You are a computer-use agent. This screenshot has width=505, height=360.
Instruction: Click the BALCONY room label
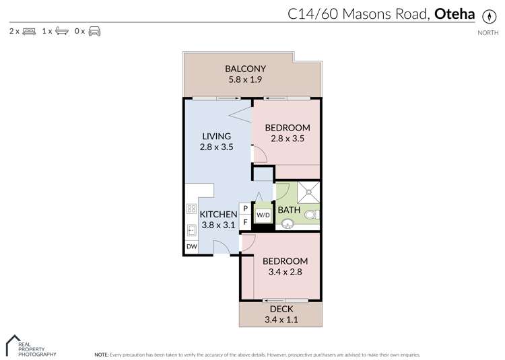click(x=245, y=69)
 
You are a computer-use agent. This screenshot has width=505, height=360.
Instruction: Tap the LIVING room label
click(x=215, y=136)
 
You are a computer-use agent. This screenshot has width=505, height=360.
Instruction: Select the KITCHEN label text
click(x=218, y=215)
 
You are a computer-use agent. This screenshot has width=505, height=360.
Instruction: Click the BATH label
click(x=289, y=210)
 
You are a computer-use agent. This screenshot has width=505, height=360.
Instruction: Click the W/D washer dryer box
click(x=262, y=215)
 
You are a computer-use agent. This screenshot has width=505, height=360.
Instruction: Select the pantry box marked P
click(x=245, y=209)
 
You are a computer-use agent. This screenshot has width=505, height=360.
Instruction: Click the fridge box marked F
click(x=245, y=222)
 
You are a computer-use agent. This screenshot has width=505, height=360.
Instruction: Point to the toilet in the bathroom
click(x=312, y=215)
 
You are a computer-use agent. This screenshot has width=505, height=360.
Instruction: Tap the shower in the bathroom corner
click(x=306, y=192)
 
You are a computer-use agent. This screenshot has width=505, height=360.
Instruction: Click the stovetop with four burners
click(x=191, y=209)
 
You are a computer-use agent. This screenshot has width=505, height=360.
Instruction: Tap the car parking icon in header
click(x=94, y=31)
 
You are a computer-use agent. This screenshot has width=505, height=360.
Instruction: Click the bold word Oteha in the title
click(x=455, y=13)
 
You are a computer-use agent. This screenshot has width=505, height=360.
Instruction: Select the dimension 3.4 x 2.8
click(x=285, y=273)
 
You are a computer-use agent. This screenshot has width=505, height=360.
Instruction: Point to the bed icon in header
click(x=29, y=31)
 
